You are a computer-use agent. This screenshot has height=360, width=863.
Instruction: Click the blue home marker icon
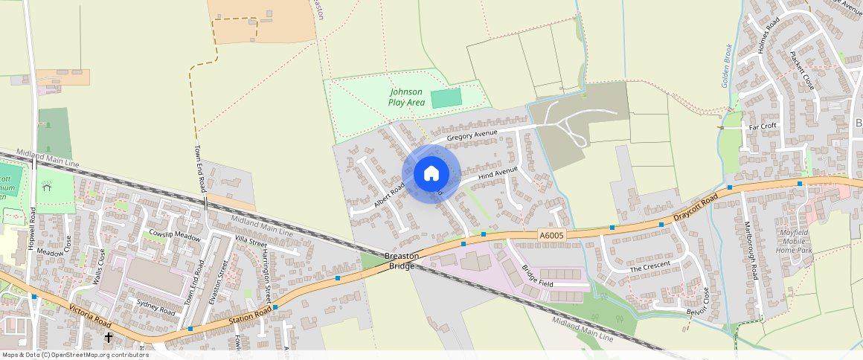click(431, 174)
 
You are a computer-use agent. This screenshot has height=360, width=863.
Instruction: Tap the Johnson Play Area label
click(405, 97)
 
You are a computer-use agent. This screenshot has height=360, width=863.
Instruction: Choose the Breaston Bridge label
click(402, 261)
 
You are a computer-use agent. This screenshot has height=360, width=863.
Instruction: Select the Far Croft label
click(763, 126)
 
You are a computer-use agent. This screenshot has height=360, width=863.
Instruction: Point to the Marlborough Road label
click(751, 251)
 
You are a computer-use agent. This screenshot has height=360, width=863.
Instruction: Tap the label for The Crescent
click(649, 266)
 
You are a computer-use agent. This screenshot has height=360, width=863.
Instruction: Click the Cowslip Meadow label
click(175, 237)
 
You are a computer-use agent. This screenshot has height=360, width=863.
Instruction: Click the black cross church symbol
click(109, 337)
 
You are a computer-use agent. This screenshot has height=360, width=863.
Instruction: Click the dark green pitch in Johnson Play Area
click(446, 97)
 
